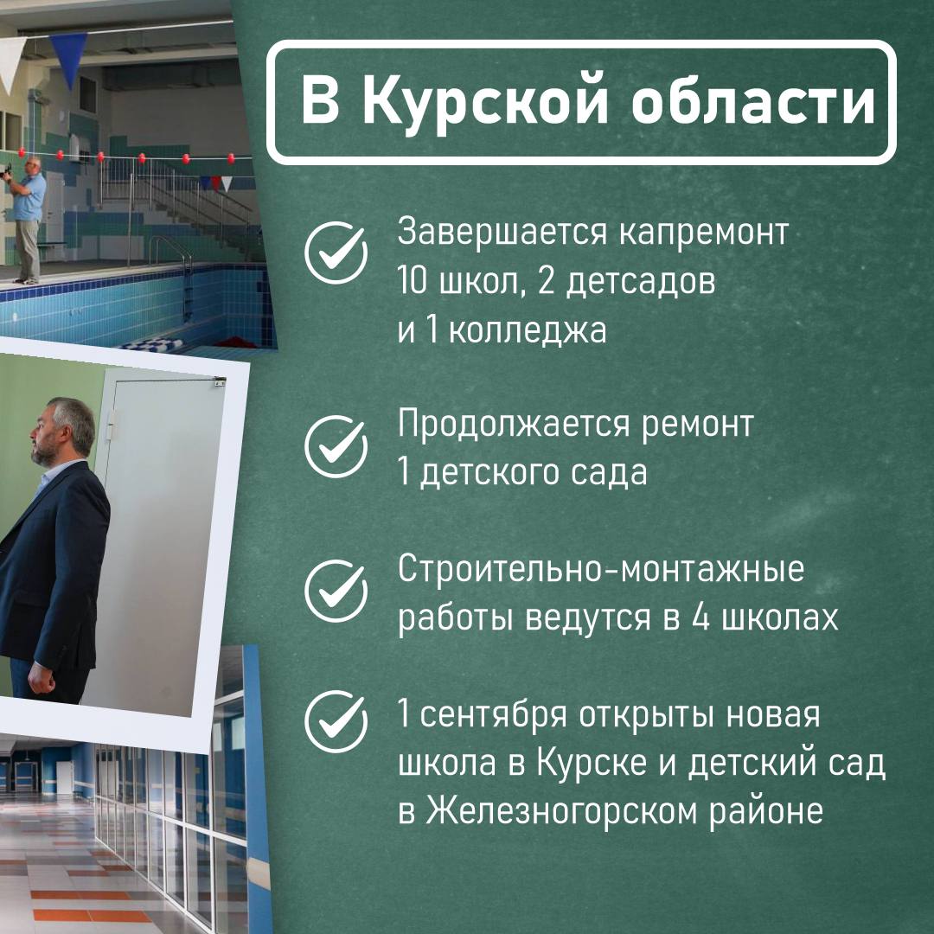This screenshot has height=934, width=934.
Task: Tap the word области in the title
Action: point(753,101)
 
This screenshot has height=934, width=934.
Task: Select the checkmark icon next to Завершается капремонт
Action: point(336,253)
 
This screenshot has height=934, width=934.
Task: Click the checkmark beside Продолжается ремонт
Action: point(336,447)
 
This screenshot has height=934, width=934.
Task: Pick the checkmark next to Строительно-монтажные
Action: point(336,591)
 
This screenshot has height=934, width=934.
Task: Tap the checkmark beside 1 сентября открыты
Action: point(336,722)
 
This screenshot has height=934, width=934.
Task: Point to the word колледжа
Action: point(528,330)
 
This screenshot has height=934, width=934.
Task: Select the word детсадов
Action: point(640,282)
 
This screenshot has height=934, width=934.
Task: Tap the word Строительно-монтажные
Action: point(601,569)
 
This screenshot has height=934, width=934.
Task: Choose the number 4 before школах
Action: point(701,617)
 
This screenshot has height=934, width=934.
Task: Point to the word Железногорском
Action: point(561,811)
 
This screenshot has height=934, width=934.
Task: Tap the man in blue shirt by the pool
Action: point(27,219)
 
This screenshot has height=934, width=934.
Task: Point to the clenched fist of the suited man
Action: point(42,678)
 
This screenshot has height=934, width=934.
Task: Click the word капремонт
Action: point(703,233)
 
